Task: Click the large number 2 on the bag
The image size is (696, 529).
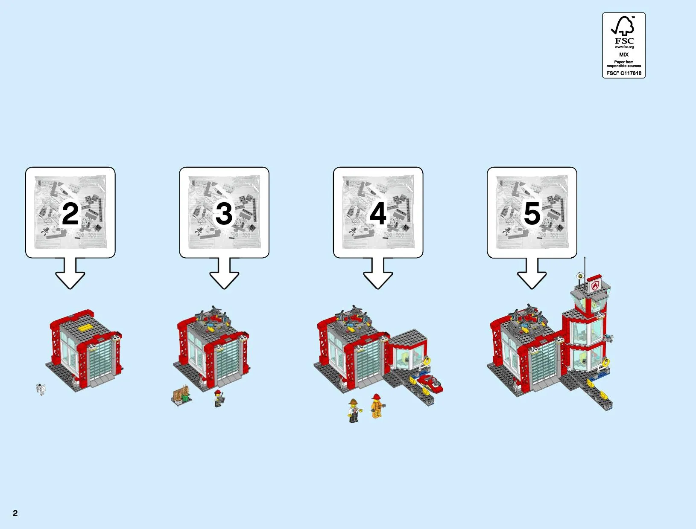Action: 70,213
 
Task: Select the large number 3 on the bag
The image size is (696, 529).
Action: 224,213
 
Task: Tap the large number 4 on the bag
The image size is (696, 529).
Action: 378,213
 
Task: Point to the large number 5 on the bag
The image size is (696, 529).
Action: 532,213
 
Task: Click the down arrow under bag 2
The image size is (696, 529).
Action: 70,273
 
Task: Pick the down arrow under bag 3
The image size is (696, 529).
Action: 224,273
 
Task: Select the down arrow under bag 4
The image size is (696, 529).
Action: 378,273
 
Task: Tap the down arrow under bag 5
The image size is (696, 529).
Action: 532,273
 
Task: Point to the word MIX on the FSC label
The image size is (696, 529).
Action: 624,55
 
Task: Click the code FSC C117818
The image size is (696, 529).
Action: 624,73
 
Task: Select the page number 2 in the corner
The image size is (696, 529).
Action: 15,513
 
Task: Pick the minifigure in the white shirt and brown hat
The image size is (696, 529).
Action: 354,411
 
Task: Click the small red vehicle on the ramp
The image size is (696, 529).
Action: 430,384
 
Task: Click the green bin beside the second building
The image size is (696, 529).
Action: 185,397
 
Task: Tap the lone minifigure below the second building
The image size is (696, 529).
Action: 219,398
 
